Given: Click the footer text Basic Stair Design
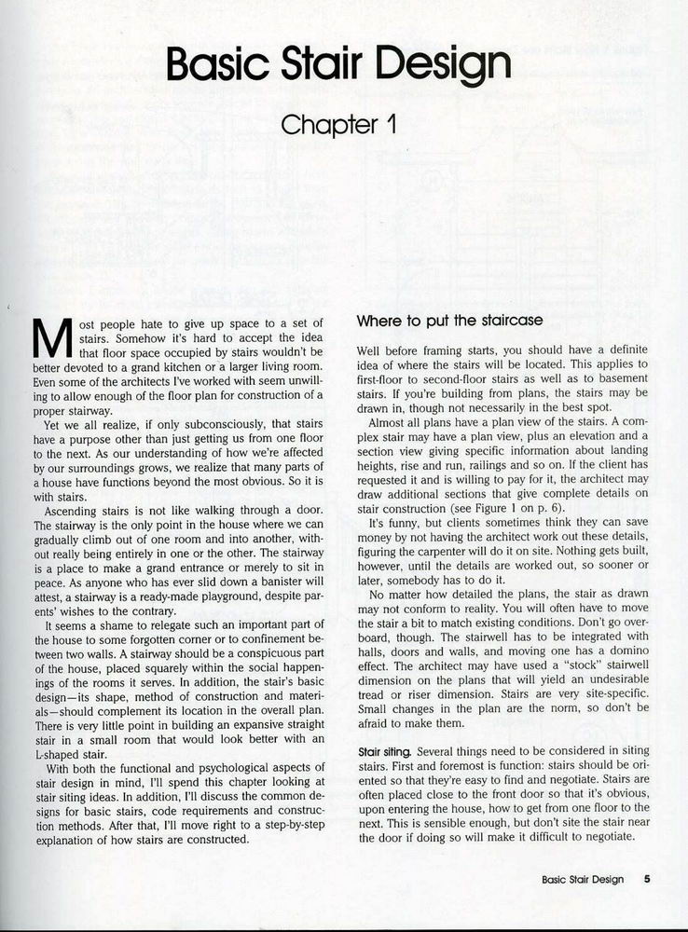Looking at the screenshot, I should (583, 878).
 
